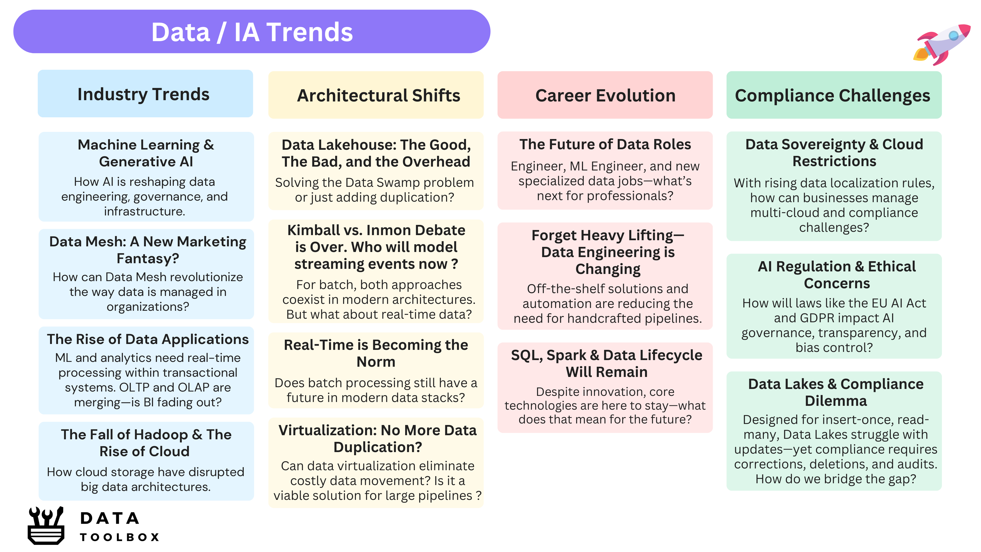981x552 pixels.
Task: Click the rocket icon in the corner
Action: [941, 44]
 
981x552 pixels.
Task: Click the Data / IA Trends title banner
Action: [252, 32]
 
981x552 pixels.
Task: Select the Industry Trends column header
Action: [145, 94]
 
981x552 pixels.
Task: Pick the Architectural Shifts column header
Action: [376, 95]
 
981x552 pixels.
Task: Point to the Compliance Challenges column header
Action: [834, 95]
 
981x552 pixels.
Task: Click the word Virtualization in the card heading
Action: [328, 430]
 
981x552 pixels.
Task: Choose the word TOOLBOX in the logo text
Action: [119, 537]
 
